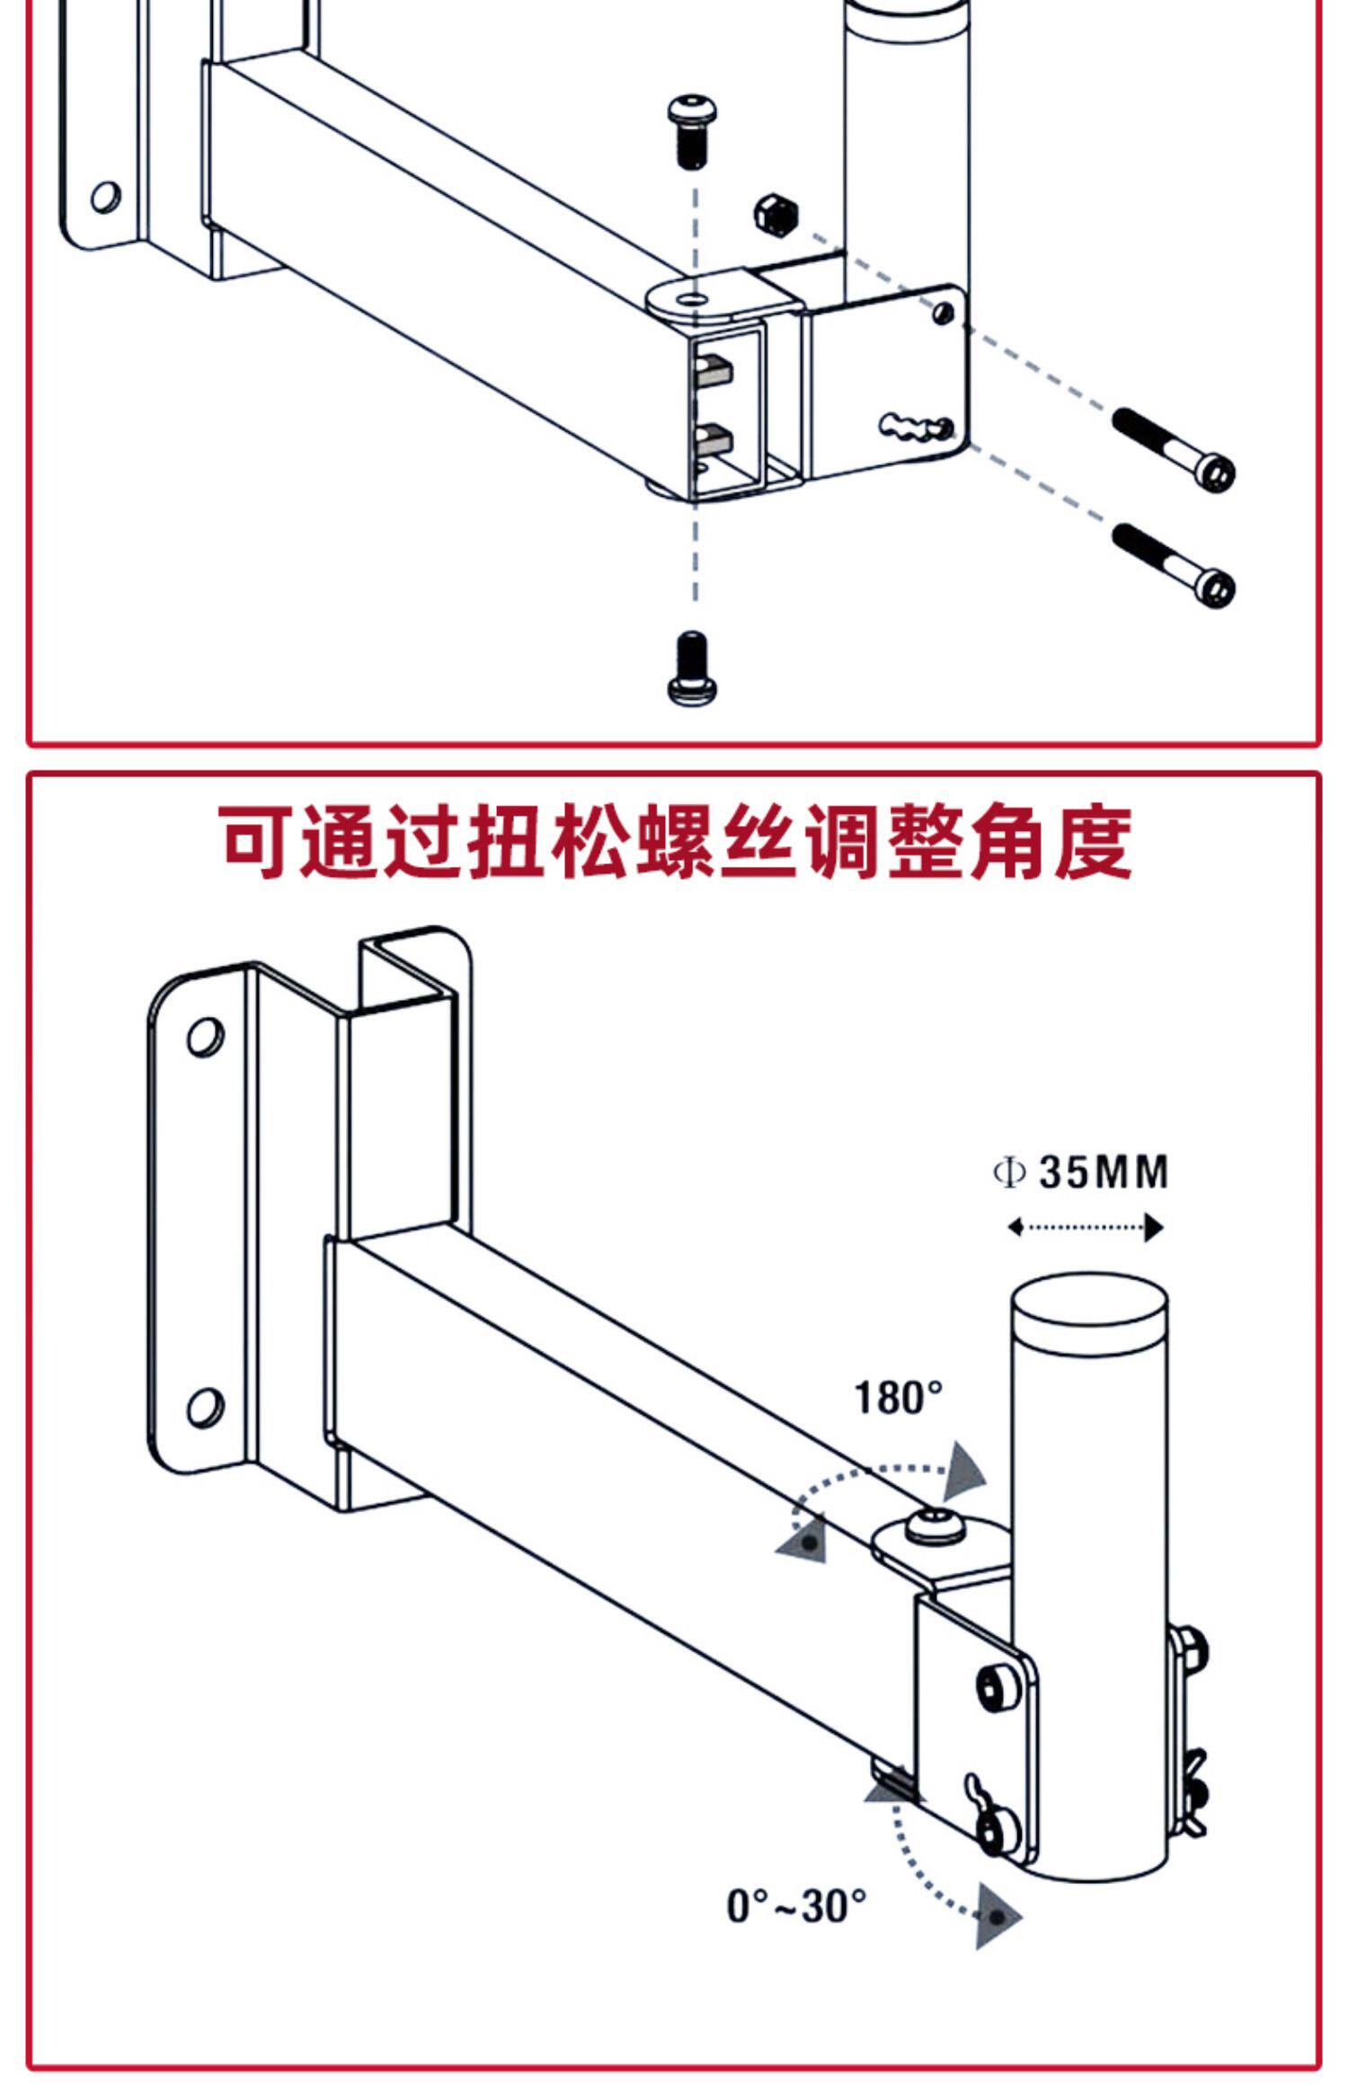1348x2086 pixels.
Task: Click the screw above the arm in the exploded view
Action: [693, 130]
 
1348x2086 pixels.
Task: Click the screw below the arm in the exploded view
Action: [694, 667]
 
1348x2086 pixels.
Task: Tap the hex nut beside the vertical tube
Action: [776, 215]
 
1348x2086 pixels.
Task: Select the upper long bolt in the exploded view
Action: [1174, 448]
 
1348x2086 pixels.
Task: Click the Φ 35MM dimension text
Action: [1081, 1172]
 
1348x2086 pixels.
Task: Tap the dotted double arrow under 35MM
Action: [1086, 1227]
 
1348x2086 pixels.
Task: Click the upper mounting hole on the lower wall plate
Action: [206, 1036]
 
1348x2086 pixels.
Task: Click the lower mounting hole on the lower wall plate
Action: [206, 1407]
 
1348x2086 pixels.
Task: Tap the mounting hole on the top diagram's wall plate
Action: [105, 197]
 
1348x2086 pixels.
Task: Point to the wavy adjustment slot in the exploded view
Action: [918, 427]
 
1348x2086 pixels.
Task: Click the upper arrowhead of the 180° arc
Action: [967, 1471]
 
